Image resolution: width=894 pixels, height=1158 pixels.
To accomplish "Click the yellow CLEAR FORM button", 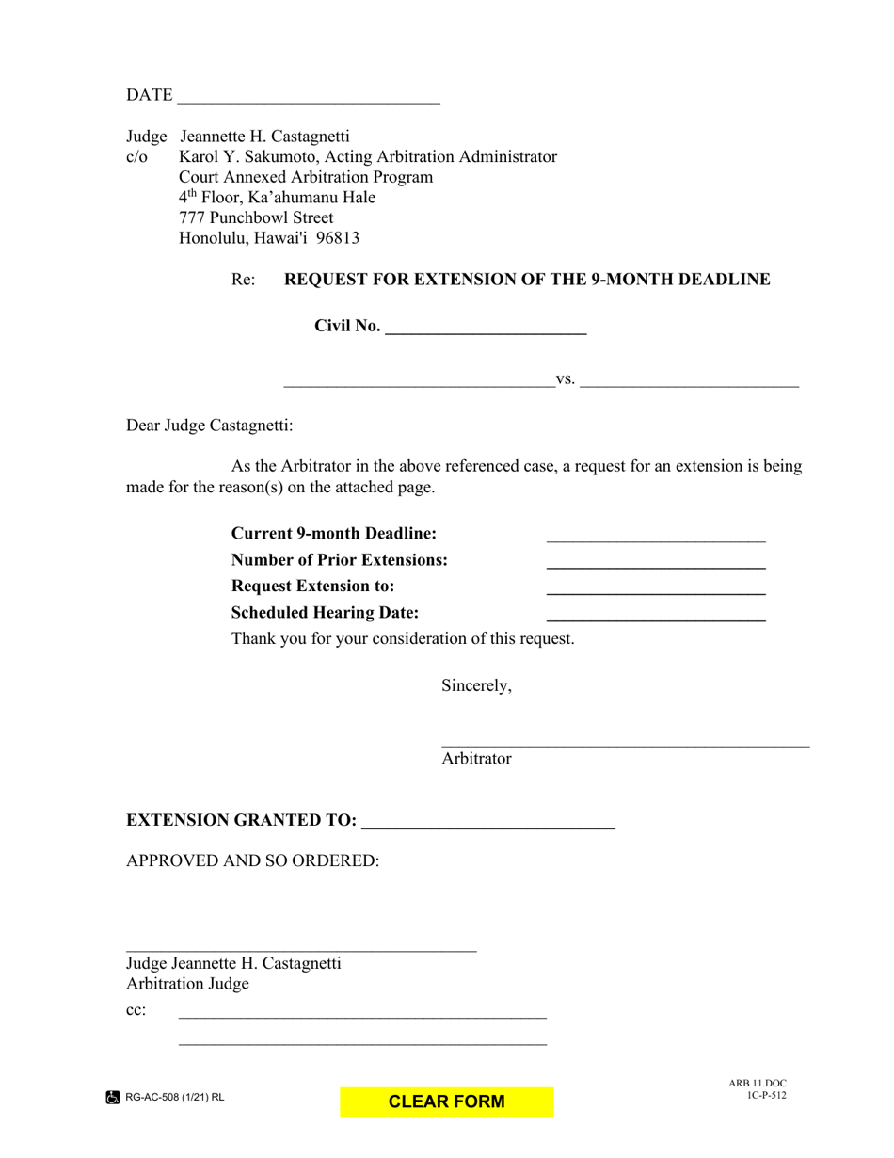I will pyautogui.click(x=447, y=1102).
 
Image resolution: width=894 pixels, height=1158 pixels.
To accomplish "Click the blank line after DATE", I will pyautogui.click(x=308, y=97).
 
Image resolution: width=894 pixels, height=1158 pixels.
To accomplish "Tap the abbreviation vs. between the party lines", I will pyautogui.click(x=566, y=378).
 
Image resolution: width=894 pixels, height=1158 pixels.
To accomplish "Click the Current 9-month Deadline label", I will pyautogui.click(x=334, y=534).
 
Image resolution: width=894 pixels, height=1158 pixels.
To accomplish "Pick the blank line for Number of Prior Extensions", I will pyautogui.click(x=656, y=562).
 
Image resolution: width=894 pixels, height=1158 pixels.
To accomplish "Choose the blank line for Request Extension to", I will pyautogui.click(x=656, y=587).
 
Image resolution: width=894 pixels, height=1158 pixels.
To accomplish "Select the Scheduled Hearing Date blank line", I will pyautogui.click(x=656, y=614).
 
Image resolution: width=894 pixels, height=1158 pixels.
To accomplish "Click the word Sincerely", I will pyautogui.click(x=476, y=685).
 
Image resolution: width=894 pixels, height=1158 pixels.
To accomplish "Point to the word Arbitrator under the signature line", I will pyautogui.click(x=476, y=759).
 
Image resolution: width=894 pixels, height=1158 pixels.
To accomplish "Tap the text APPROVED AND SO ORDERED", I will pyautogui.click(x=253, y=860).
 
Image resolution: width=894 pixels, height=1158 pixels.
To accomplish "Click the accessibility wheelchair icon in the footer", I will pyautogui.click(x=112, y=1097).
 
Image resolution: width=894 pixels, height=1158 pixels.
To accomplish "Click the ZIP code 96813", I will pyautogui.click(x=338, y=238).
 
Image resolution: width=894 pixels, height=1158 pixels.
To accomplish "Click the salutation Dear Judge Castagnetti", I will pyautogui.click(x=210, y=426).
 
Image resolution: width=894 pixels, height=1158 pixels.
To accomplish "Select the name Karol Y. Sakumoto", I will pyautogui.click(x=248, y=156).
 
